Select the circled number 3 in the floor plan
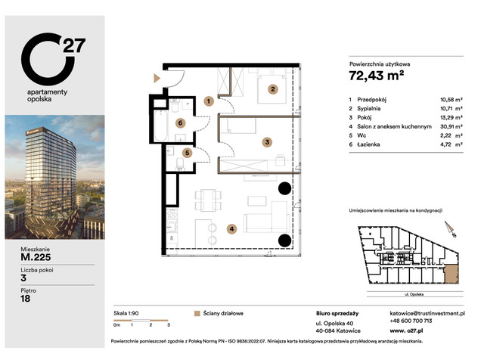(267, 141)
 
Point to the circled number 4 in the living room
(232, 228)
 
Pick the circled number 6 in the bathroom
(181, 123)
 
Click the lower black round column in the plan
(284, 240)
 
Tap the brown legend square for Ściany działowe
(198, 312)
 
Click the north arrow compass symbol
(448, 227)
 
